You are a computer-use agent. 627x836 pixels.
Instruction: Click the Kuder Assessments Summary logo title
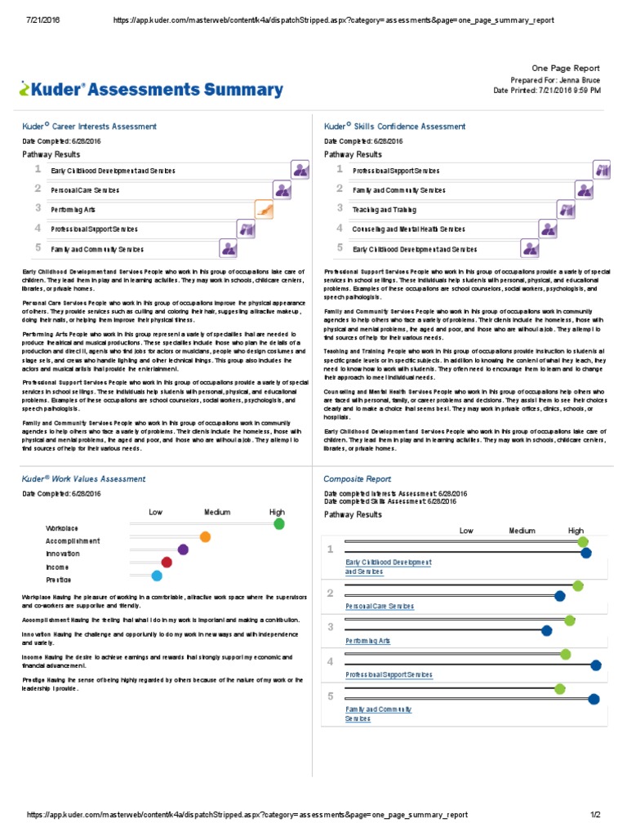coord(152,90)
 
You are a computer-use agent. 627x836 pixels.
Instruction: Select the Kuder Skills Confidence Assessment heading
coord(394,127)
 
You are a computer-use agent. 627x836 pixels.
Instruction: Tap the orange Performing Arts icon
coord(264,210)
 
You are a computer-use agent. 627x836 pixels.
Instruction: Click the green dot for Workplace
coord(279,524)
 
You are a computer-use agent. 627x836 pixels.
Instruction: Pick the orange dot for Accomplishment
coord(205,537)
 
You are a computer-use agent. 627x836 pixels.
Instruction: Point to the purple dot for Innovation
coord(183,549)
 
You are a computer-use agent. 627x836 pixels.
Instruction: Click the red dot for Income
coord(167,562)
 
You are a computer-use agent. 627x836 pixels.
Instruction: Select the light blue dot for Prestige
coord(157,576)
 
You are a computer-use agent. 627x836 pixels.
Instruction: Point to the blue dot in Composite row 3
coord(547,630)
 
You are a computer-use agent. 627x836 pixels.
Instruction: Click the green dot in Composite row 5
coord(559,689)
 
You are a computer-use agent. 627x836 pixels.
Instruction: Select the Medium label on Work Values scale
coord(217,513)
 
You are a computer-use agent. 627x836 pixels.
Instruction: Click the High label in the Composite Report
coord(576,531)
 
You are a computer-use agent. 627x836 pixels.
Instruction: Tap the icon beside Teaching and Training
coord(567,210)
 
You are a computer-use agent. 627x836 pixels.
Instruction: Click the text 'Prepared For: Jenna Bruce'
coord(554,80)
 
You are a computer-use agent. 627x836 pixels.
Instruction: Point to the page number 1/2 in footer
coord(595,815)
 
